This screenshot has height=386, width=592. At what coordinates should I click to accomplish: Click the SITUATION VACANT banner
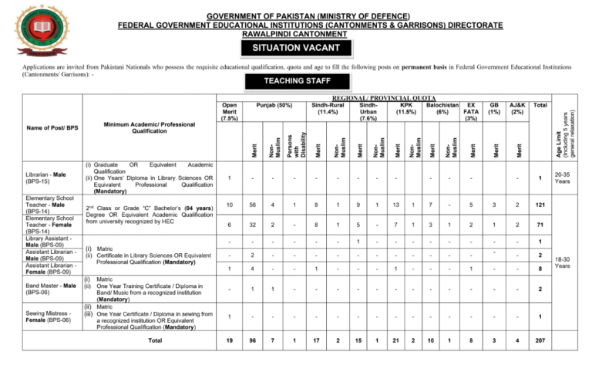coord(296,49)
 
